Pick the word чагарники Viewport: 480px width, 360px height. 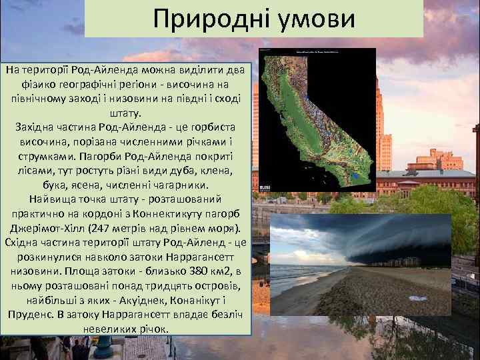181,184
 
